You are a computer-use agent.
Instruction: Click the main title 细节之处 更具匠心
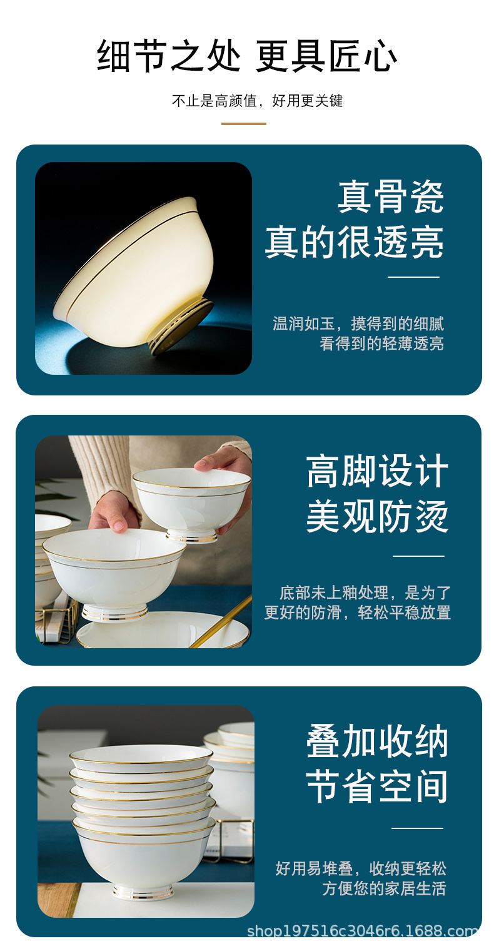247,56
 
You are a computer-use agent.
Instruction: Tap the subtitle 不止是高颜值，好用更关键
257,101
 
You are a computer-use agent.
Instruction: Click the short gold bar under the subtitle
244,124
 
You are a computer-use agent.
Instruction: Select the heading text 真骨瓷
391,197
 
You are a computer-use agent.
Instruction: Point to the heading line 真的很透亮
354,243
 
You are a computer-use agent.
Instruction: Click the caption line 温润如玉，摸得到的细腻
358,323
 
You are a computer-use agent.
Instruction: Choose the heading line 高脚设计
377,471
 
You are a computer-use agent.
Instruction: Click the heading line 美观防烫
377,517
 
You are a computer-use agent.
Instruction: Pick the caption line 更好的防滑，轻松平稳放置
357,612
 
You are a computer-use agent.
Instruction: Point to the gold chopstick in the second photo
222,621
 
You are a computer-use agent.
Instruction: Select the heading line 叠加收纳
377,742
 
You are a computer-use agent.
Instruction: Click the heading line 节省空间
377,787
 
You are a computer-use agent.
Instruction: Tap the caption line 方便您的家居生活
384,888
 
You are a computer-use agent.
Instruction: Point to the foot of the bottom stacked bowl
143,892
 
